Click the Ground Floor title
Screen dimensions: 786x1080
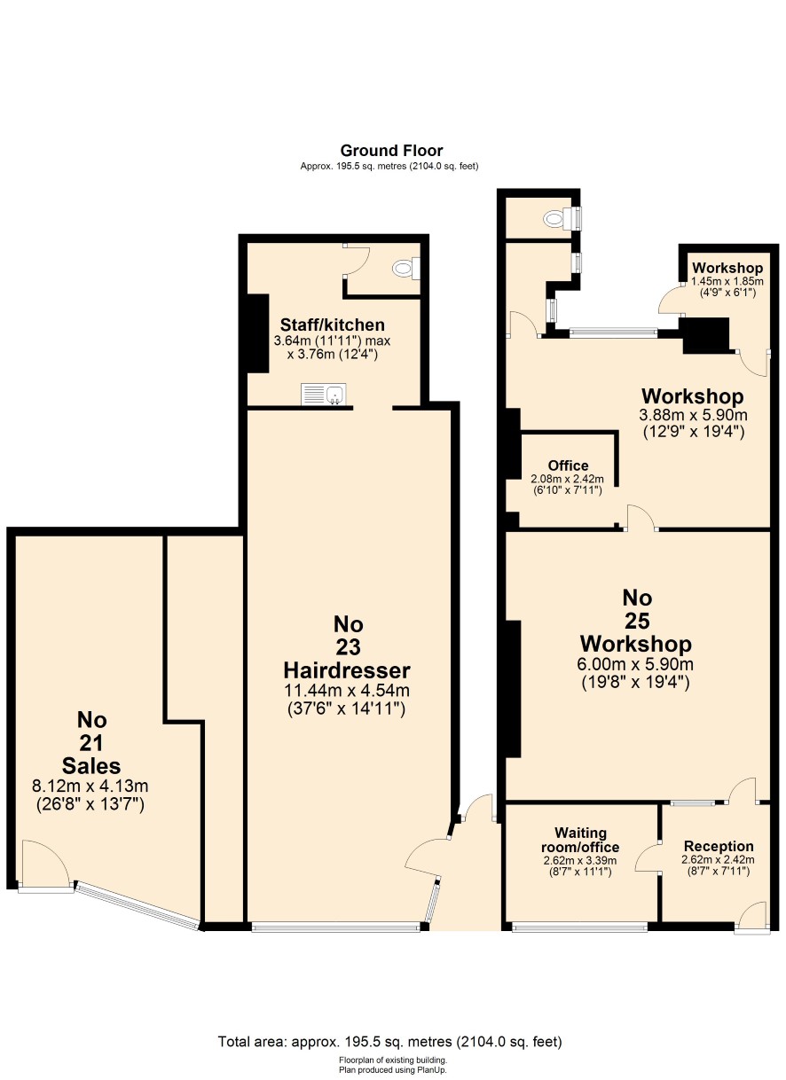click(x=391, y=151)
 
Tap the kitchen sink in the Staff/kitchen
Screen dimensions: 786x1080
click(x=323, y=395)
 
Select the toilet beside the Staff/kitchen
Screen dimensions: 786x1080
click(x=406, y=268)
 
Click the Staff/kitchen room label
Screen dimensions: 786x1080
click(x=333, y=325)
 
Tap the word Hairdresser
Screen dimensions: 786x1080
click(x=347, y=670)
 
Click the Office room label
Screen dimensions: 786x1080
click(x=568, y=466)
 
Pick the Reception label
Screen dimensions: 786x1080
click(x=719, y=846)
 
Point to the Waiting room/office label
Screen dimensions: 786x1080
click(x=580, y=840)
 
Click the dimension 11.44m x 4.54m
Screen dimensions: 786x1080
click(x=347, y=691)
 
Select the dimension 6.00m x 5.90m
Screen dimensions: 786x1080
click(x=635, y=664)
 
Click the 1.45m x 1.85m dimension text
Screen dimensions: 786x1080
click(x=727, y=281)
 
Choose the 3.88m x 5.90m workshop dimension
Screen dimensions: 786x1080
click(x=694, y=415)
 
